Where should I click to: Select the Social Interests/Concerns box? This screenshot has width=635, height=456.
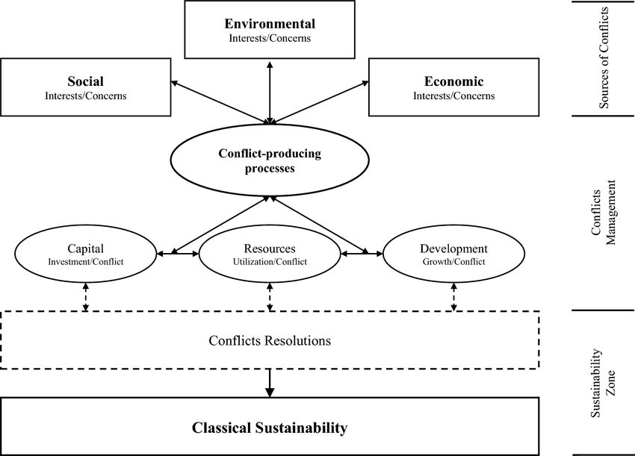click(86, 87)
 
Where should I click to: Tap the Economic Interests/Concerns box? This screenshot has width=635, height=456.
click(453, 87)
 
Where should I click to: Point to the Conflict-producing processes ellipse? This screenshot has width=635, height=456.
click(269, 160)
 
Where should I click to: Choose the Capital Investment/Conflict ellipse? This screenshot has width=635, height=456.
click(86, 254)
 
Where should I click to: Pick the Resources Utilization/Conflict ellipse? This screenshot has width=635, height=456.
click(270, 254)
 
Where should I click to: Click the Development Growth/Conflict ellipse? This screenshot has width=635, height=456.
click(453, 254)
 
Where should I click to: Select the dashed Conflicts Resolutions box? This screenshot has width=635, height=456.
click(269, 340)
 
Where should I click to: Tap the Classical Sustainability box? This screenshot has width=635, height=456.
click(269, 428)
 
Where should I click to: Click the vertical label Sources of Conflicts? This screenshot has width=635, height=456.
click(604, 58)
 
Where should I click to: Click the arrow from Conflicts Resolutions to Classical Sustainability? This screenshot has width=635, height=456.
click(270, 382)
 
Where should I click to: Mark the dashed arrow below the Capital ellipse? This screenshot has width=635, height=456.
click(86, 296)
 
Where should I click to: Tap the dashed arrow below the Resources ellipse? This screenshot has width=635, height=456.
click(270, 296)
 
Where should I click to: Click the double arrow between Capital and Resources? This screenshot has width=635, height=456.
click(178, 254)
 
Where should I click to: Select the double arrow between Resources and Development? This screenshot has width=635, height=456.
click(362, 254)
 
